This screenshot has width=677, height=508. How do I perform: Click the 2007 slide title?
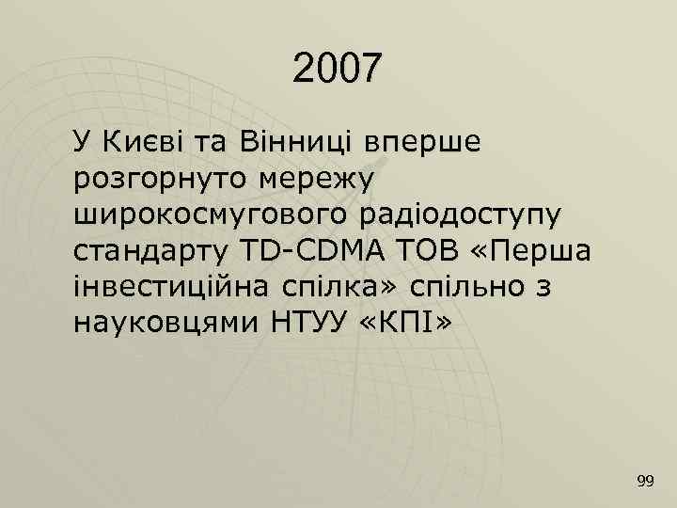(x=338, y=68)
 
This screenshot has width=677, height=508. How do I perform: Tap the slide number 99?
(x=645, y=482)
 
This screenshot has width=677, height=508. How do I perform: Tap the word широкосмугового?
(x=208, y=216)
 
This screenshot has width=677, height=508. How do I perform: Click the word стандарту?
(x=151, y=252)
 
